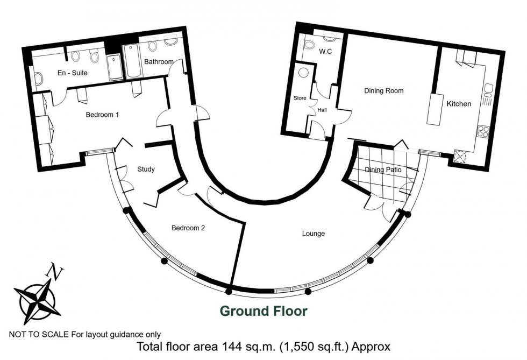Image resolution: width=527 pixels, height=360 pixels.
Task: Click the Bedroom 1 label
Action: (x=102, y=115)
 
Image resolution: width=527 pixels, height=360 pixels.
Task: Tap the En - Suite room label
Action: (x=72, y=73)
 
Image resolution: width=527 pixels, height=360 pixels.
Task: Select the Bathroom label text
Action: (x=159, y=61)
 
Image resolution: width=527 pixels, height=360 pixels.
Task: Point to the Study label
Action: (x=146, y=169)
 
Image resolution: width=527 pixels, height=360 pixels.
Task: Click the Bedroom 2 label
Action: (x=188, y=228)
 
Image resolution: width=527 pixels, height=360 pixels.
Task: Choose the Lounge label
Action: (x=313, y=234)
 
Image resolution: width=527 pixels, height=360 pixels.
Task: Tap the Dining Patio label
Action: (x=383, y=170)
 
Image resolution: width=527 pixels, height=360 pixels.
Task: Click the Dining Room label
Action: (x=384, y=91)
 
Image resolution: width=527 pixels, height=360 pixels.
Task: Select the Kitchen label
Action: (x=459, y=104)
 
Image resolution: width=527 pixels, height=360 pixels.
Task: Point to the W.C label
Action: (x=325, y=52)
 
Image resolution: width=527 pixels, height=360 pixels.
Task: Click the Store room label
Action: (x=300, y=98)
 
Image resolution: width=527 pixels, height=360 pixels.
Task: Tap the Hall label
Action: (x=322, y=110)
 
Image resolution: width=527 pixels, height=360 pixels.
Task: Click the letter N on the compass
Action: (x=55, y=271)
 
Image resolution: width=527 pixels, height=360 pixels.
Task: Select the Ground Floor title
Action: (x=263, y=311)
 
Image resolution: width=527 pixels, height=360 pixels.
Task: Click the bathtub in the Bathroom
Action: (x=131, y=61)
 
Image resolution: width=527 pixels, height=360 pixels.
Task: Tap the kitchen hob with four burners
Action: (x=483, y=131)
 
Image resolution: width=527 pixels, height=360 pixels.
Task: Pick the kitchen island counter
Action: (x=435, y=109)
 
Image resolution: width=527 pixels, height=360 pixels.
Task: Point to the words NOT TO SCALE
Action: (x=39, y=334)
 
